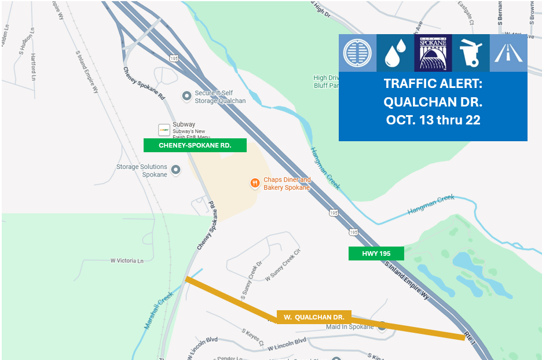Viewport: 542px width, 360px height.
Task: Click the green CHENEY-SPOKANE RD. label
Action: [195, 145]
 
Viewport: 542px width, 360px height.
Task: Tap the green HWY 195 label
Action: [376, 254]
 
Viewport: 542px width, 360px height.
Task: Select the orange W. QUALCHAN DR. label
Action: [314, 317]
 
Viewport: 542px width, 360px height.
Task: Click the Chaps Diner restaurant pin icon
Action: [254, 183]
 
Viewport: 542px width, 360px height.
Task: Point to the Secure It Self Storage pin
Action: [186, 96]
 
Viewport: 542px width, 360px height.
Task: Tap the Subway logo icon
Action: [164, 129]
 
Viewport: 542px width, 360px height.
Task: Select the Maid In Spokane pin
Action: [382, 326]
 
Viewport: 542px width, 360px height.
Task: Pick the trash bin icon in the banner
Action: [471, 53]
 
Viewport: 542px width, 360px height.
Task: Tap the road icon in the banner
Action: [508, 53]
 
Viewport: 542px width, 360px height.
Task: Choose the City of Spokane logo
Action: [433, 53]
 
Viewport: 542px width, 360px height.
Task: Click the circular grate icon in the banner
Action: [357, 53]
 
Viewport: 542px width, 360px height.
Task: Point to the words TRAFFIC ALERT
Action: [433, 84]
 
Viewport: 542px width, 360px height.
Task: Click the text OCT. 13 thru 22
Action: [433, 120]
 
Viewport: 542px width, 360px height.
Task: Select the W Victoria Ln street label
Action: [127, 261]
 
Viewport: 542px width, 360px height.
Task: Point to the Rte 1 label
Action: [470, 336]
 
